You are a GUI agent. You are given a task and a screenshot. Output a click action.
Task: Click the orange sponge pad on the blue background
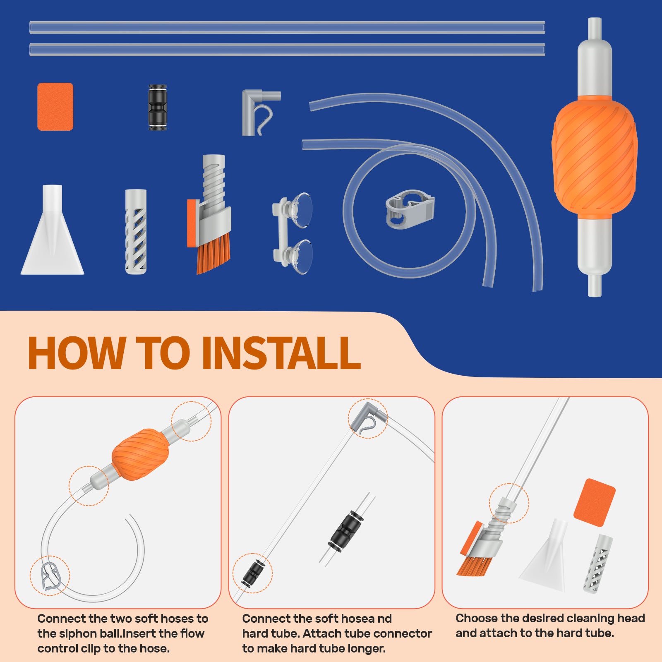coord(55,107)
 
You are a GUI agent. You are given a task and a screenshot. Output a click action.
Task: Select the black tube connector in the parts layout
coord(157,108)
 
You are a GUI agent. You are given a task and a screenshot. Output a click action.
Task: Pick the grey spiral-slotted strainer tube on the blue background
coord(136,232)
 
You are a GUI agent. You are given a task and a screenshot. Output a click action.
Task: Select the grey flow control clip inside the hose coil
coord(410,209)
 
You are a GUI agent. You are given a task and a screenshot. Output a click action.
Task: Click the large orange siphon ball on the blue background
coord(595,157)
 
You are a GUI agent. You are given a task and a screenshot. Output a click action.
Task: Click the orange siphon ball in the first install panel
coord(141,454)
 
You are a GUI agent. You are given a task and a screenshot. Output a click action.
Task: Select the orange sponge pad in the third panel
coord(594,503)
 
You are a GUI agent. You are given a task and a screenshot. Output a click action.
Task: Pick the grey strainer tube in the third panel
coord(598,563)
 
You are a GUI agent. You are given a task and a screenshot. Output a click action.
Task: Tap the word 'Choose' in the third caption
coord(476,618)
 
